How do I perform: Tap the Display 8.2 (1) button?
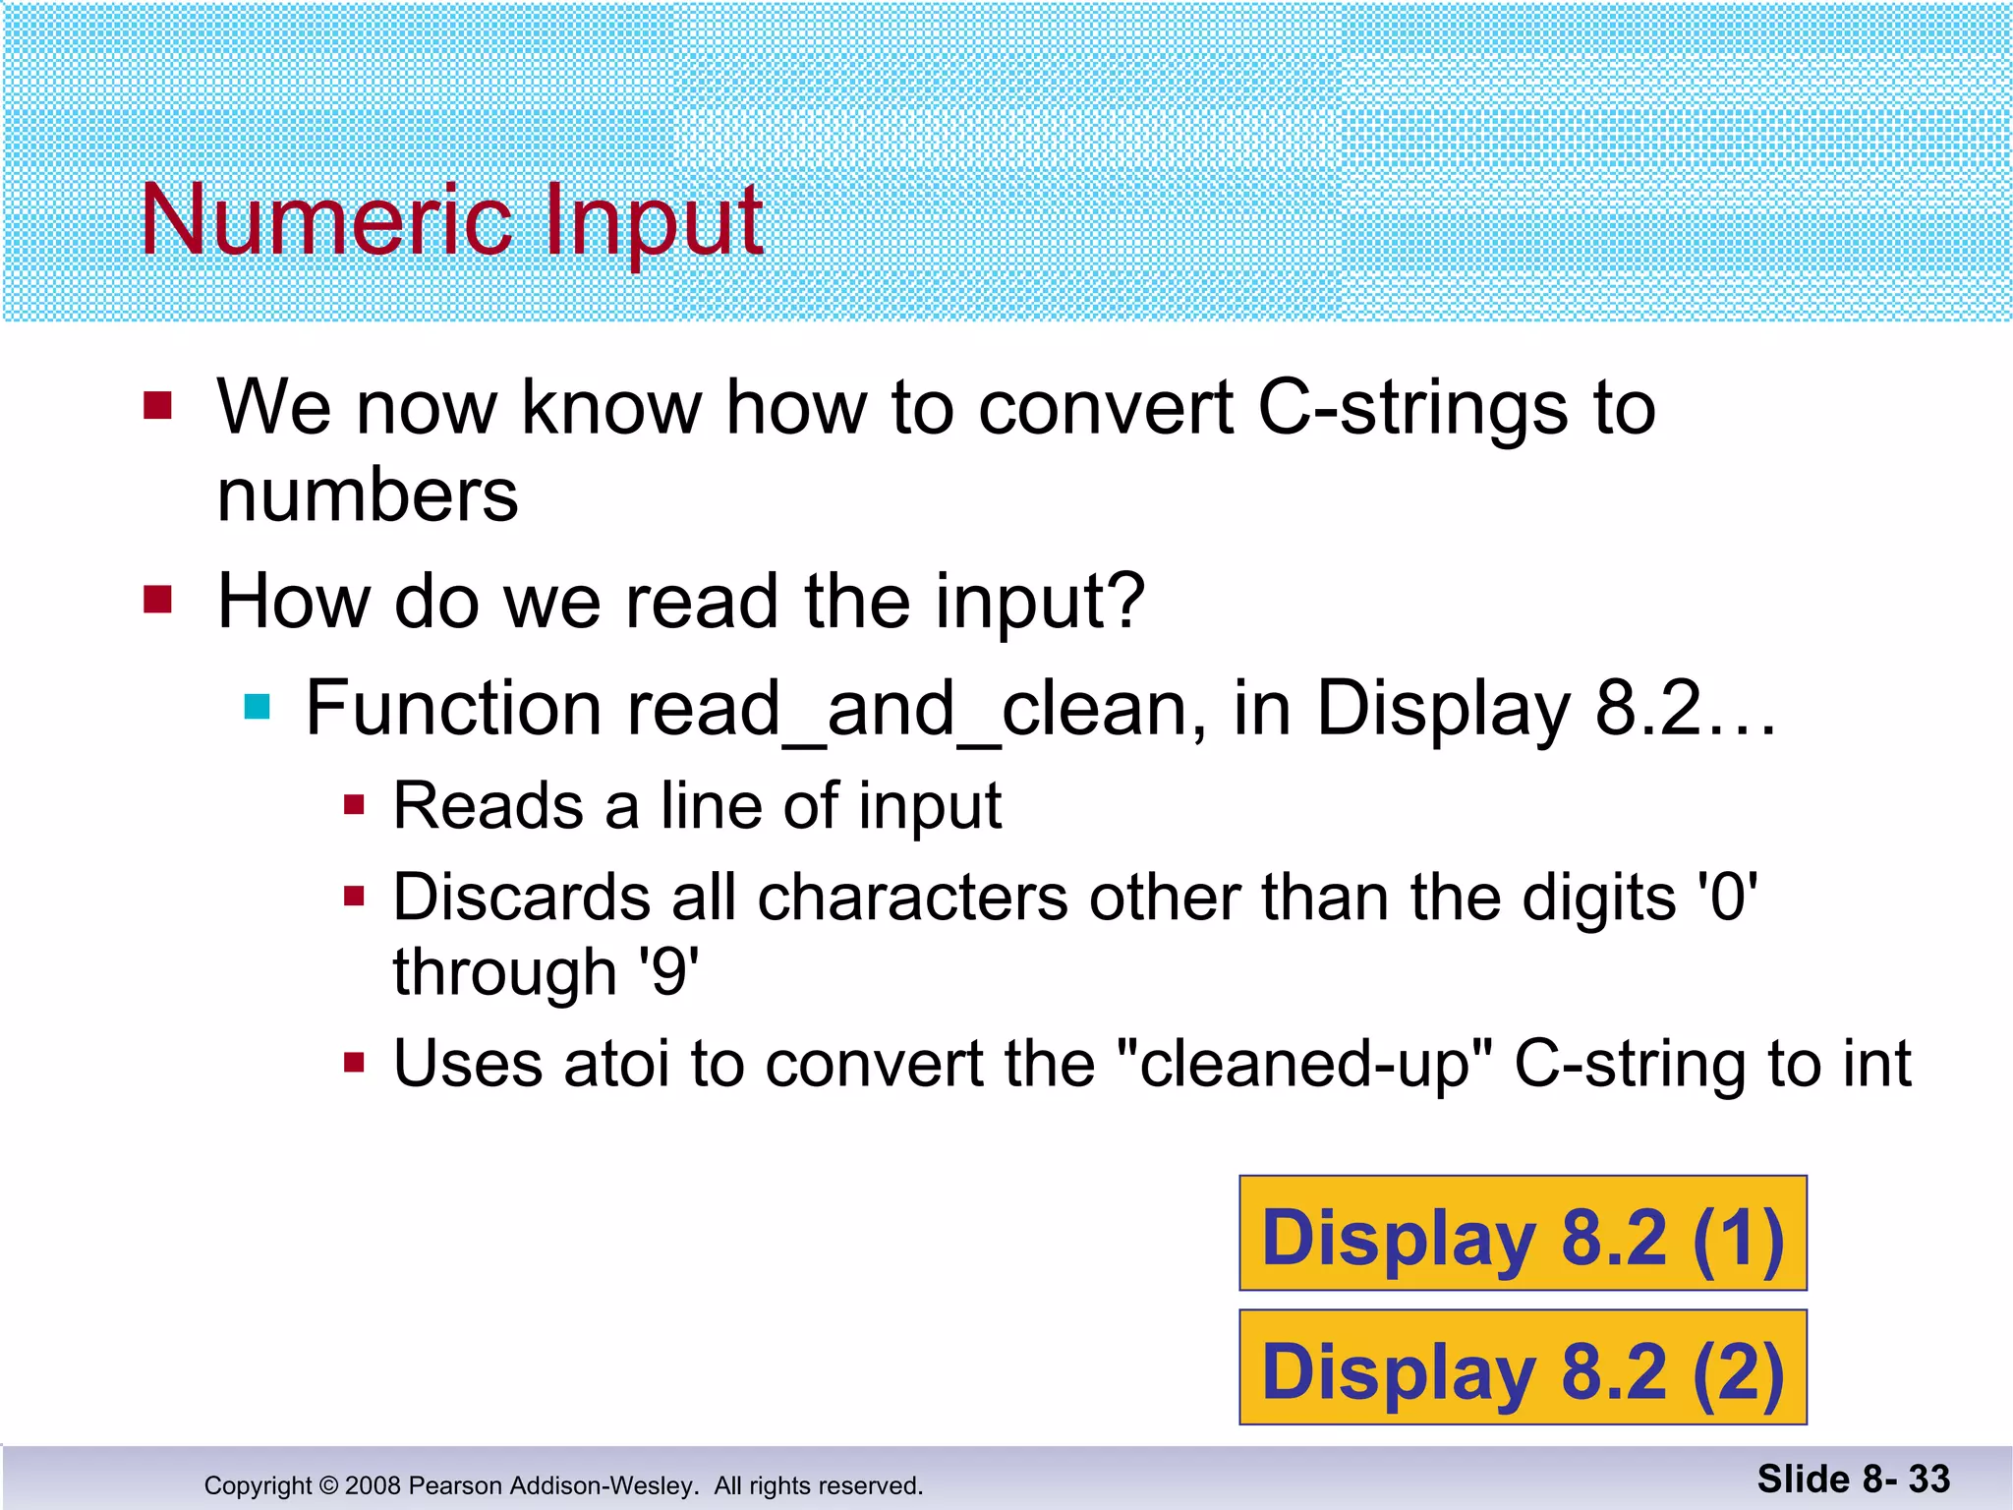point(1523,1234)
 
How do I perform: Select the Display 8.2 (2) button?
point(1523,1368)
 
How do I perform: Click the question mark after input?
point(1126,601)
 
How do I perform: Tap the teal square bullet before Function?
point(258,707)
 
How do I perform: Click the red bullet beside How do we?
point(157,599)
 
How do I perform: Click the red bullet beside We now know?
point(157,405)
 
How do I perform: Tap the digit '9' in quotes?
point(668,972)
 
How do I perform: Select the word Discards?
point(522,899)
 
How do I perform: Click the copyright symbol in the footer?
point(328,1485)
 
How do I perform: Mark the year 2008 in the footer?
point(373,1485)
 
